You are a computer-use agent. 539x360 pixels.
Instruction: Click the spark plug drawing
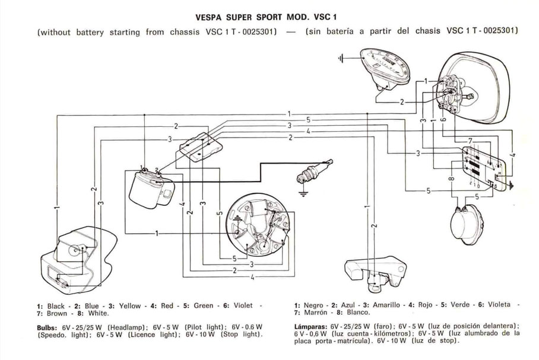click(312, 172)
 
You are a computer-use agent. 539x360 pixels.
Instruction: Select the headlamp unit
click(475, 89)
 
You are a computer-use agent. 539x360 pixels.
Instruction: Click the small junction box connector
click(201, 144)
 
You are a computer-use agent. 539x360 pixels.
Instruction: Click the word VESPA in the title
click(209, 17)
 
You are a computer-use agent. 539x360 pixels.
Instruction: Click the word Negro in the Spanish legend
click(313, 305)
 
